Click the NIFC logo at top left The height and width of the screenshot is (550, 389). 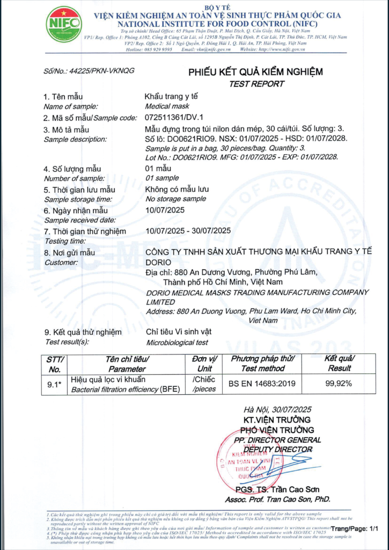[64, 24]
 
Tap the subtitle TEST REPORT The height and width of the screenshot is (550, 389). [256, 84]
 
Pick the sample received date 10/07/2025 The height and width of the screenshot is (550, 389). [165, 210]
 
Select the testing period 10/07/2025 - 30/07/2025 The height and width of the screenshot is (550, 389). [188, 231]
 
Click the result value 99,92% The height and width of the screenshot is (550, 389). [339, 384]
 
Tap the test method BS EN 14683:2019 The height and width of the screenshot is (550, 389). [263, 384]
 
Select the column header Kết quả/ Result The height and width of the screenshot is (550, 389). [339, 364]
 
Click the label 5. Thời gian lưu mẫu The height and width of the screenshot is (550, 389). [79, 190]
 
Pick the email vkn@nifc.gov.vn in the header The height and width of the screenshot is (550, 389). [213, 49]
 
